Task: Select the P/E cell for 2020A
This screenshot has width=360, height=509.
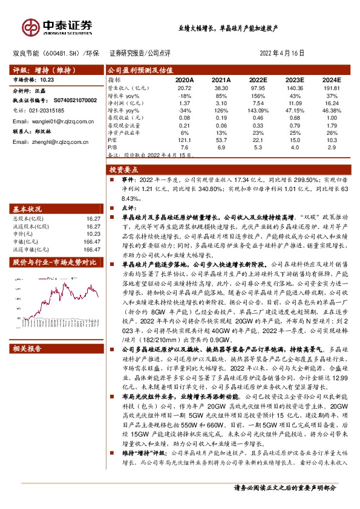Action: pos(185,141)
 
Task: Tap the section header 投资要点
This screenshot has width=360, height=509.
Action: pos(125,171)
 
